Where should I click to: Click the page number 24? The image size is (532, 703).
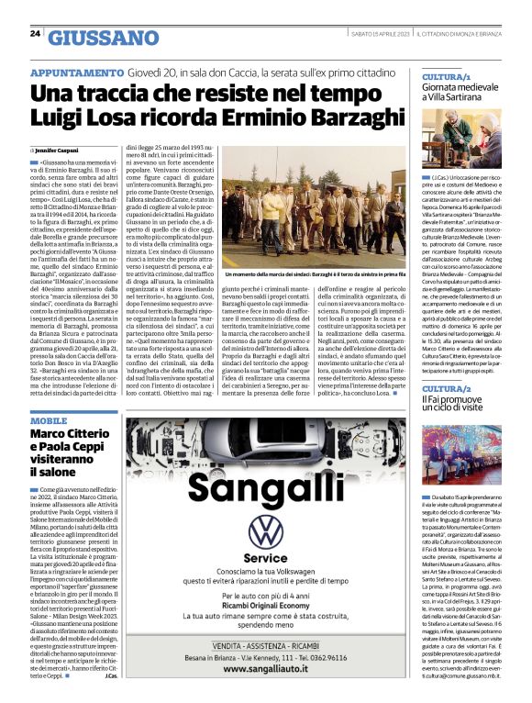35,34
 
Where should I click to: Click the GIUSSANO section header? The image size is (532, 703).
103,38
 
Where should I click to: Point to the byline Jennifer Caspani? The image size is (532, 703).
58,149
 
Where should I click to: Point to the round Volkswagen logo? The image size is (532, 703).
266,531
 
